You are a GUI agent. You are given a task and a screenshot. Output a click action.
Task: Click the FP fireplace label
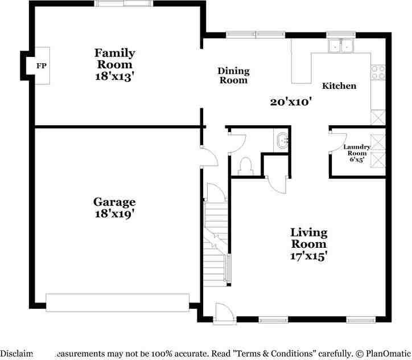click(x=41, y=66)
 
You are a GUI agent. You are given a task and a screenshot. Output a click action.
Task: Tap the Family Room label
click(x=114, y=59)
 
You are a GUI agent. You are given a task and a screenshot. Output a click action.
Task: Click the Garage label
click(x=114, y=202)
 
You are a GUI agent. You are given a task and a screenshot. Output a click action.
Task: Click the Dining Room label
click(x=233, y=75)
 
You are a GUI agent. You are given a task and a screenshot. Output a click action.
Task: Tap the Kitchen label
click(x=339, y=86)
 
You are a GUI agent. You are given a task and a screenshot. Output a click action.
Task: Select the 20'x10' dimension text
click(x=291, y=102)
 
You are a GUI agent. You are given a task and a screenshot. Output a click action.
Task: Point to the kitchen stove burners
click(x=378, y=72)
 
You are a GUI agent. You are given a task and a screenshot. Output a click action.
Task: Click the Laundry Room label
click(x=357, y=150)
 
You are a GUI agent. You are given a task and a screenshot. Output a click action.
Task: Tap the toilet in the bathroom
click(x=246, y=165)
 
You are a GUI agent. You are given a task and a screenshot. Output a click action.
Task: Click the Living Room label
click(x=308, y=238)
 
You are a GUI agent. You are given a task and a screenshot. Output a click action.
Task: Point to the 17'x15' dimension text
click(x=308, y=256)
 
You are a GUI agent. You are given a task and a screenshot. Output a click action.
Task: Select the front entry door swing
click(x=223, y=312)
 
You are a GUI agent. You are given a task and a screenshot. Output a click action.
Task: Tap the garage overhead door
click(x=117, y=302)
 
